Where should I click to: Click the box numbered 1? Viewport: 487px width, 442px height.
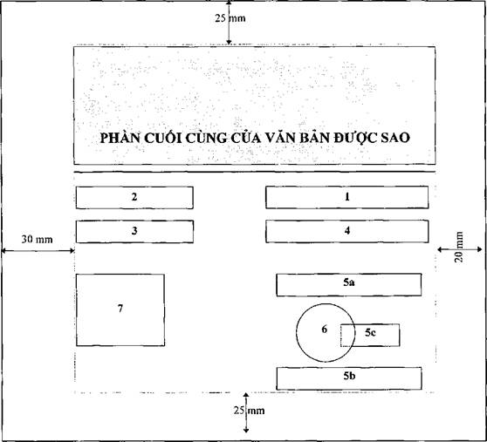(x=347, y=197)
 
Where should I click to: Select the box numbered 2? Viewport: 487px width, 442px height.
(x=134, y=198)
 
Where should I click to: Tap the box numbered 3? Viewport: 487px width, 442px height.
(x=134, y=231)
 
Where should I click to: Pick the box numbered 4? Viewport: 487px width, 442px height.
(x=347, y=231)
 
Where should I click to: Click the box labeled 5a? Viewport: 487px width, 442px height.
(x=349, y=284)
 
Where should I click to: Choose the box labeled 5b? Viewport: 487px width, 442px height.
(x=349, y=378)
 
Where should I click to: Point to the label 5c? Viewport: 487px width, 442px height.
(x=370, y=333)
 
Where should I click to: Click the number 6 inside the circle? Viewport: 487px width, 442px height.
(x=325, y=329)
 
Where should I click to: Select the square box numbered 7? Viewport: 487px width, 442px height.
(x=120, y=309)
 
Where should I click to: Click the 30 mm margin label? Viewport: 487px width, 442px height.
(x=37, y=240)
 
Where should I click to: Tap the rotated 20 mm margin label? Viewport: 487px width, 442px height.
(x=459, y=247)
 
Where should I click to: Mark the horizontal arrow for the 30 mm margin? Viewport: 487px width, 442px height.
(x=38, y=250)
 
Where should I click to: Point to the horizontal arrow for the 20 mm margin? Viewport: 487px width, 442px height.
(x=460, y=249)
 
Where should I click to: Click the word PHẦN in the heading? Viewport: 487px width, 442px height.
(x=120, y=138)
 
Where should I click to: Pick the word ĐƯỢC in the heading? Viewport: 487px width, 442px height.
(x=355, y=138)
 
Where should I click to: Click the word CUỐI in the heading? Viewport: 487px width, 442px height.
(x=163, y=138)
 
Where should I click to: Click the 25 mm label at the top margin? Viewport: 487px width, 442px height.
(x=230, y=18)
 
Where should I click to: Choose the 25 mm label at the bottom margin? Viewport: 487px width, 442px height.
(x=250, y=411)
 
